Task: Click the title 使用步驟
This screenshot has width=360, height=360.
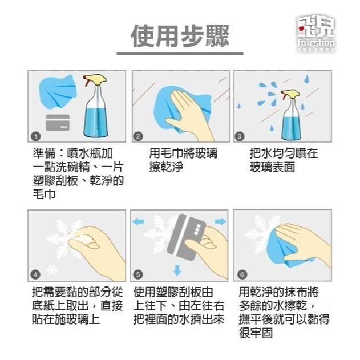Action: [x=180, y=35]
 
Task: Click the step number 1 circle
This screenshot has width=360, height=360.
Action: [x=35, y=136]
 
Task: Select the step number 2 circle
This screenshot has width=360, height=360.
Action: [x=137, y=136]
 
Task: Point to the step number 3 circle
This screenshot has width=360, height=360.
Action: [x=240, y=136]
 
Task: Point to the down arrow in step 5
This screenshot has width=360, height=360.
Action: [x=177, y=270]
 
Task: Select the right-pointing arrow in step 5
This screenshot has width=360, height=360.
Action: [x=219, y=221]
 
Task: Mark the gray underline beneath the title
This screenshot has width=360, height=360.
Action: [x=180, y=54]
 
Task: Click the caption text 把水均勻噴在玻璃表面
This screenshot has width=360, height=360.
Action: [x=284, y=160]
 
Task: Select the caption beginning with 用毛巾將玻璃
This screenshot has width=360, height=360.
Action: [x=183, y=160]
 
